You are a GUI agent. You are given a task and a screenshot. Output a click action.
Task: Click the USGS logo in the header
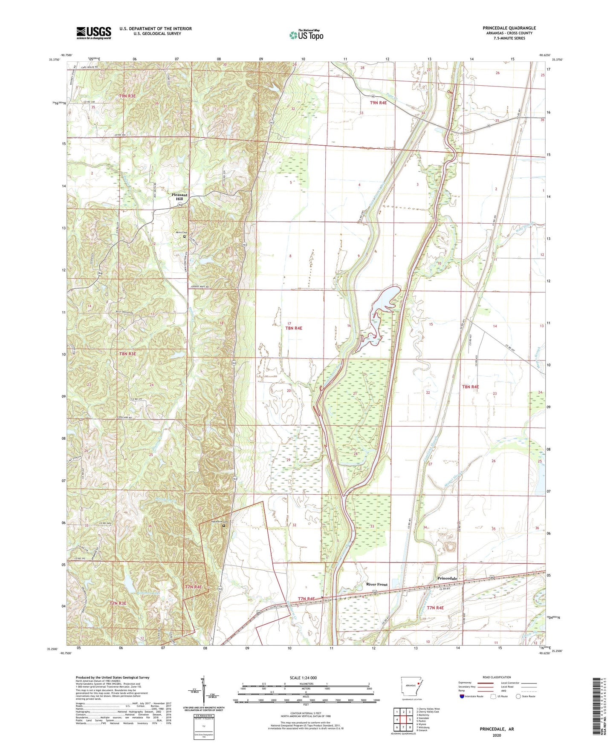tap(94, 32)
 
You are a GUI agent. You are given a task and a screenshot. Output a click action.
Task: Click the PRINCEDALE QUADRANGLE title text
tap(509, 28)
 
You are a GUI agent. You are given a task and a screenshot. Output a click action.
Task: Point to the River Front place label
tap(377, 584)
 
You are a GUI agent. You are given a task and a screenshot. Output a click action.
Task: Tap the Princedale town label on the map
tap(447, 578)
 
